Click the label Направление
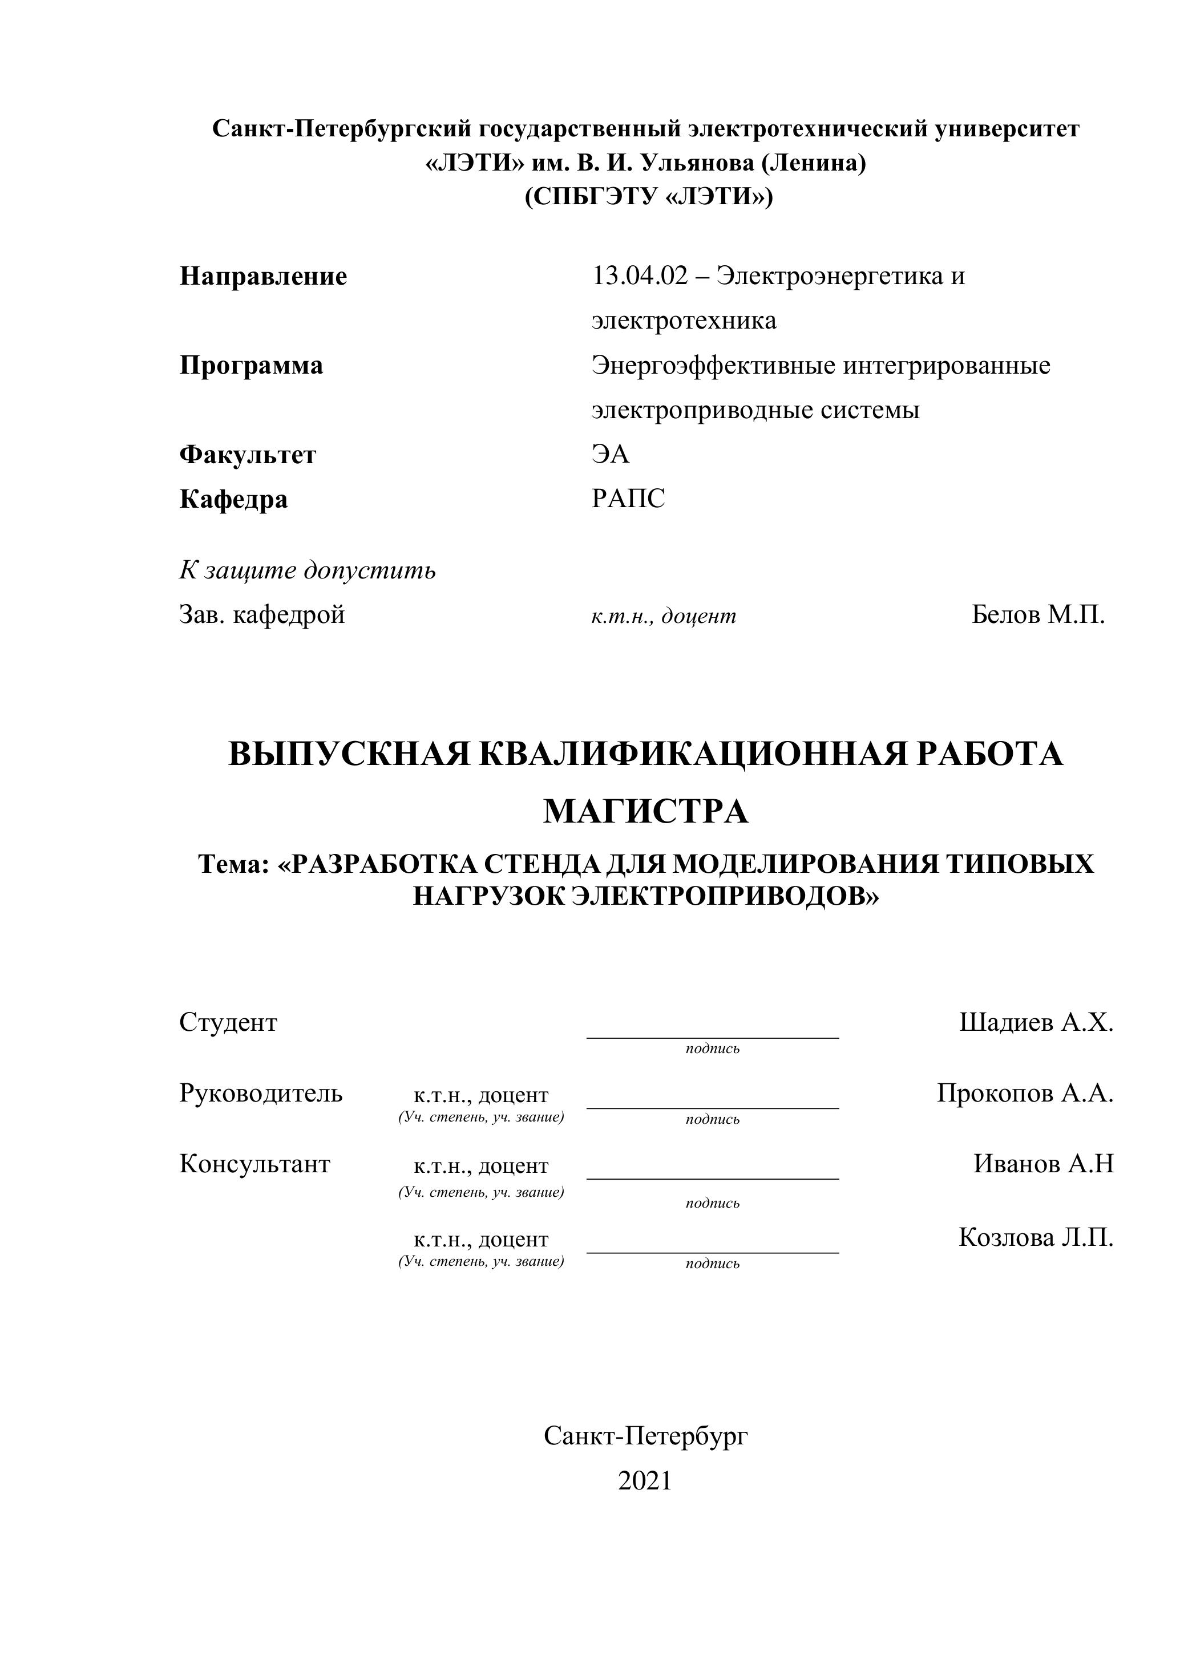coord(263,277)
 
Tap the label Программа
coord(250,366)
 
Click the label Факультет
coord(248,455)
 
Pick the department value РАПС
coord(628,499)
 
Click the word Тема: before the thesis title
coord(234,864)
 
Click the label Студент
coord(228,1023)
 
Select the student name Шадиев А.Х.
coord(1036,1023)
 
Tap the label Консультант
coord(254,1164)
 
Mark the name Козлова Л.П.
coord(1036,1237)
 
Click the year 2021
coord(645,1480)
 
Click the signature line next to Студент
coord(712,1036)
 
